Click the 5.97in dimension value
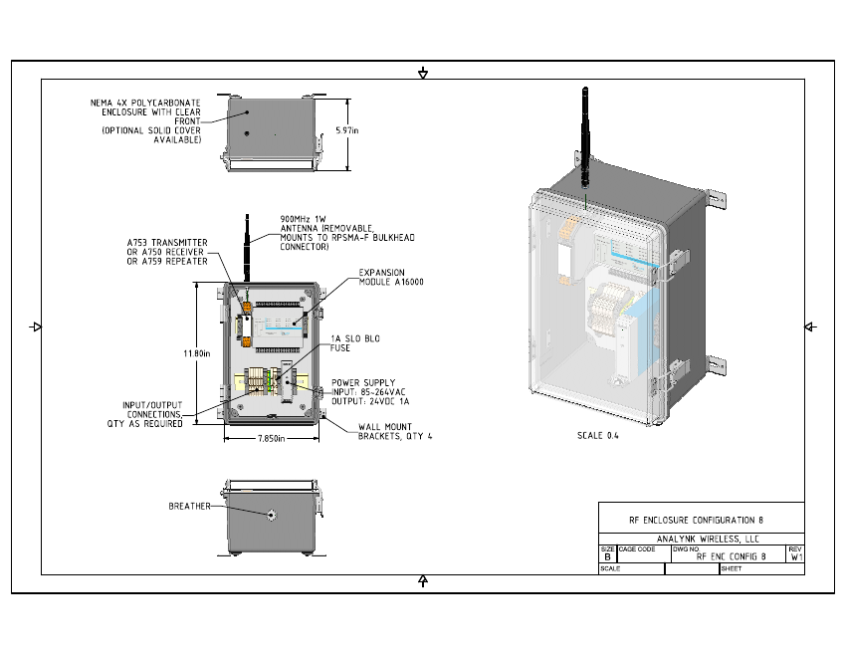(x=347, y=130)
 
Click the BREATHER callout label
(x=189, y=507)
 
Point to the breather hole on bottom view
(x=270, y=515)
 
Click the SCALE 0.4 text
(x=598, y=436)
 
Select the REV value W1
(x=794, y=558)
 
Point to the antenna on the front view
(x=245, y=246)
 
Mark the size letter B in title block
(x=607, y=558)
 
